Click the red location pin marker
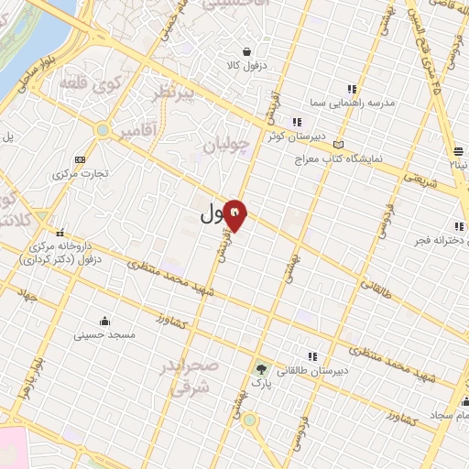tap(235, 215)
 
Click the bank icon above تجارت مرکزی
tap(80, 158)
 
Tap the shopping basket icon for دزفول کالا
tap(246, 51)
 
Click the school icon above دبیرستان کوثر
tap(296, 122)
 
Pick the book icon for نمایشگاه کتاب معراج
tap(340, 144)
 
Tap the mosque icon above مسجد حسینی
tap(107, 321)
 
